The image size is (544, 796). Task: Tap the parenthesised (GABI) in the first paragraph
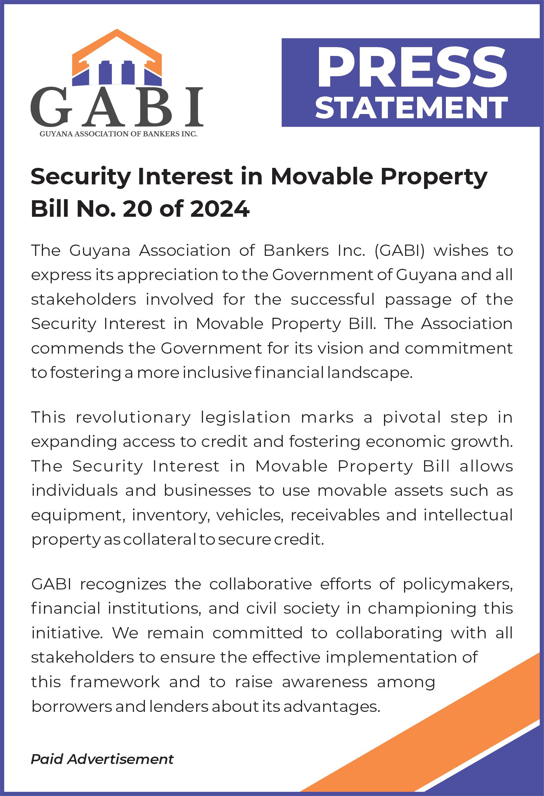[x=399, y=251]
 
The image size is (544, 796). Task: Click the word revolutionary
[x=133, y=417]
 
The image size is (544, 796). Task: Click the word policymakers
[x=457, y=584]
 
